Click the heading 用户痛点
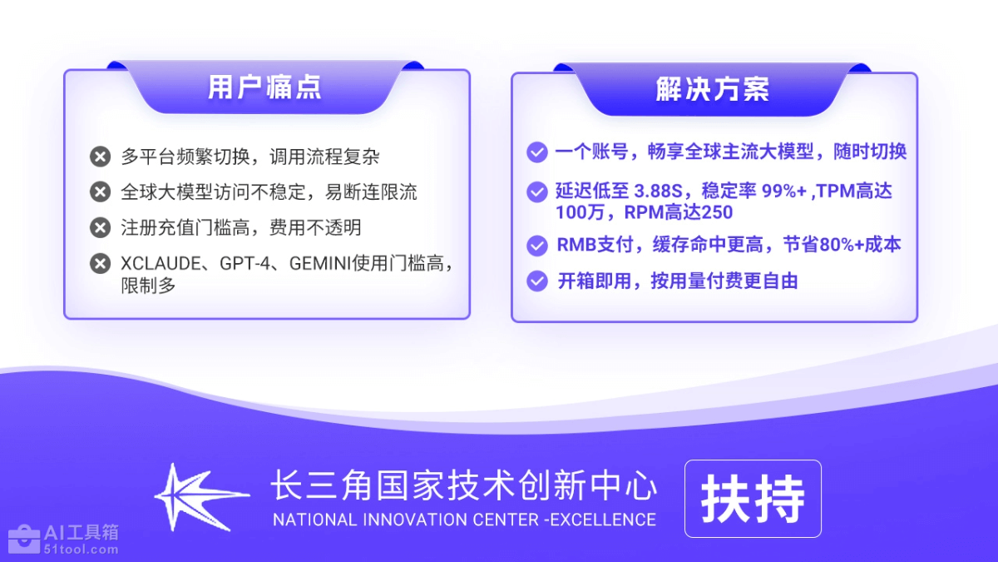(x=264, y=87)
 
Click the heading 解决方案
(x=713, y=89)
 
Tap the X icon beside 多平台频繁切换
(x=101, y=157)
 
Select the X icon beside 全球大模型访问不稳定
(x=101, y=191)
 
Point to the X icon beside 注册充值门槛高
(x=101, y=227)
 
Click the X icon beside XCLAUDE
(x=101, y=263)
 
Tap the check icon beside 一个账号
(x=537, y=152)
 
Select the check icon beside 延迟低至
(x=537, y=191)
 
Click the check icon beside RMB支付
(x=537, y=246)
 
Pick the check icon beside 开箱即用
(x=537, y=281)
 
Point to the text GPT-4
(x=245, y=264)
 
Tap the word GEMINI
(x=320, y=264)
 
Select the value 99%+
(x=783, y=191)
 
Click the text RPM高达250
(x=679, y=212)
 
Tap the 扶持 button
(x=753, y=499)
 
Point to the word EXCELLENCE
(x=603, y=520)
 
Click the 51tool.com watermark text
(x=82, y=549)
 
